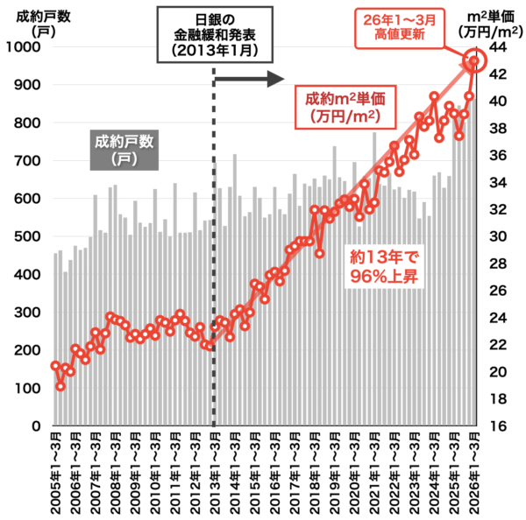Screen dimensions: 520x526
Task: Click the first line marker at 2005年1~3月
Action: (55, 366)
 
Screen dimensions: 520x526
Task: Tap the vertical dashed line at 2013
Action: (215, 263)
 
